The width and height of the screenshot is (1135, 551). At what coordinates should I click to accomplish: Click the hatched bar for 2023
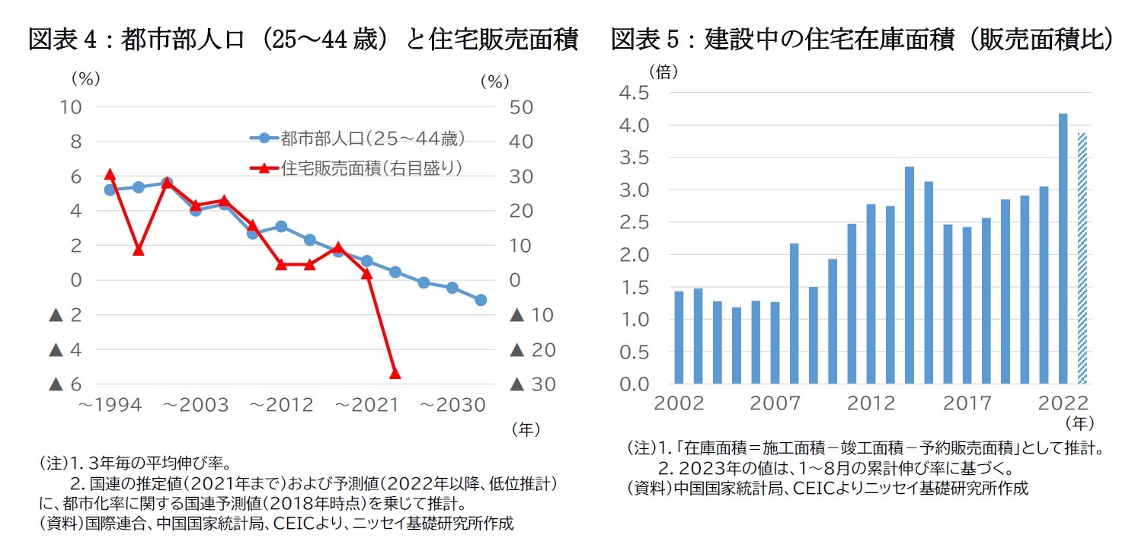[x=1082, y=259]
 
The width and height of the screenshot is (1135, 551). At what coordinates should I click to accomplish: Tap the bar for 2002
[x=679, y=337]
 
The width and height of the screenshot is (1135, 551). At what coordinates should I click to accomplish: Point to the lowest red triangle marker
[x=395, y=373]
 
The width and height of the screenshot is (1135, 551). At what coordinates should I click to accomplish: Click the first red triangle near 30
[x=109, y=174]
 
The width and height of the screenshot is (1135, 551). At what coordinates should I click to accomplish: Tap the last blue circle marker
[x=481, y=300]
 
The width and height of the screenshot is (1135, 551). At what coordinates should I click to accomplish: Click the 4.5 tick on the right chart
[x=634, y=93]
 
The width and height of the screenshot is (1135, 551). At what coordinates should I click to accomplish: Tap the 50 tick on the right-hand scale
[x=521, y=107]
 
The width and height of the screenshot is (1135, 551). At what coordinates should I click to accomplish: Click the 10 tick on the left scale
[x=71, y=107]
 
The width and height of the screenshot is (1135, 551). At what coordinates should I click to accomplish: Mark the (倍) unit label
[x=663, y=71]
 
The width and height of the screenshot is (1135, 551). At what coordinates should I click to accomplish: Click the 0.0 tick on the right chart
[x=634, y=384]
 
